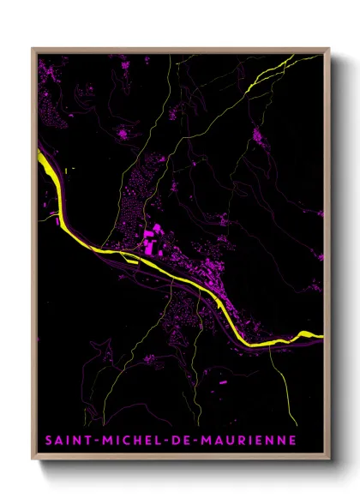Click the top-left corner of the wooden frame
33,49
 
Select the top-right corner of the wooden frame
329,49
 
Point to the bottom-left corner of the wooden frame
33,460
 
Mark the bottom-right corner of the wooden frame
329,460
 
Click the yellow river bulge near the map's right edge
303,333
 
